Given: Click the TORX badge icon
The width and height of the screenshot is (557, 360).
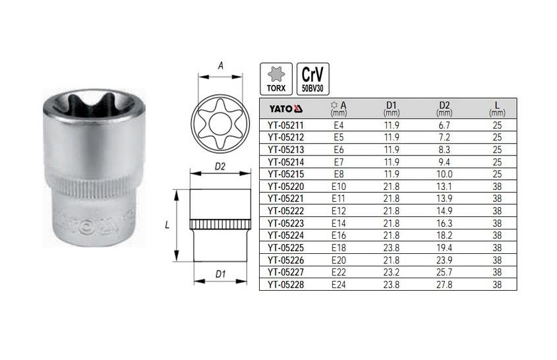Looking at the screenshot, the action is pyautogui.click(x=276, y=79).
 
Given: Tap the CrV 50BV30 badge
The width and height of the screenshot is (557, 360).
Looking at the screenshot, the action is pyautogui.click(x=312, y=79).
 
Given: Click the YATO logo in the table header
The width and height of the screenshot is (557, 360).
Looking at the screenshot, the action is pyautogui.click(x=285, y=108).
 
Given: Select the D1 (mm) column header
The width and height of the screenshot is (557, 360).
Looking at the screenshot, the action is pyautogui.click(x=392, y=108).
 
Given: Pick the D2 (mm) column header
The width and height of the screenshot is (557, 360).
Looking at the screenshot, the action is pyautogui.click(x=444, y=108).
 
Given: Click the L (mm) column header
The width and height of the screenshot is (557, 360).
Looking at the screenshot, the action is pyautogui.click(x=497, y=108).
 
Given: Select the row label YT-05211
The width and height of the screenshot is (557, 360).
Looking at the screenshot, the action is pyautogui.click(x=286, y=125).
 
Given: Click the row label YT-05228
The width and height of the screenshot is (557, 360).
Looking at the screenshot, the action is pyautogui.click(x=286, y=285).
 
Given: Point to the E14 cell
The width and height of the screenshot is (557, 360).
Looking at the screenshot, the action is pyautogui.click(x=339, y=223).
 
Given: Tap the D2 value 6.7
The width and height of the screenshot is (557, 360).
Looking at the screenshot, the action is pyautogui.click(x=444, y=125).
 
